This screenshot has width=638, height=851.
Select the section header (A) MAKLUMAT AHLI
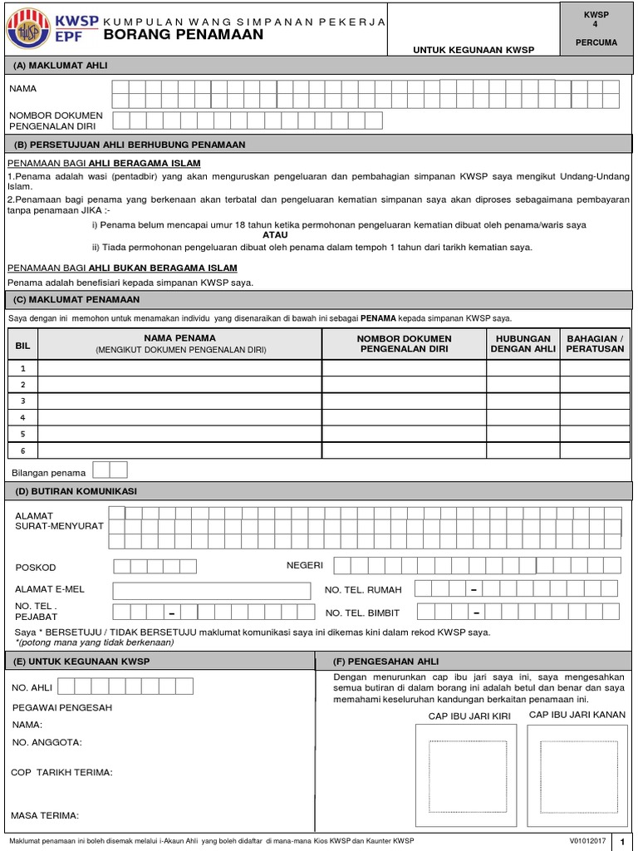coord(61,65)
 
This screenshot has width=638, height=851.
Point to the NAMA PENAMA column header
coord(180,338)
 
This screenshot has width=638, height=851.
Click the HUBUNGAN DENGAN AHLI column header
coord(523,344)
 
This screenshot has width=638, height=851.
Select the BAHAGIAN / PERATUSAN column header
coord(594,344)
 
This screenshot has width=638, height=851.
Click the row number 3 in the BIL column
coord(23,401)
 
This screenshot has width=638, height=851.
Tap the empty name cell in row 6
coord(180,450)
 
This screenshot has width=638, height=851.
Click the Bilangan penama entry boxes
coord(110,470)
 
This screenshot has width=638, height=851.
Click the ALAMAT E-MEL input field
coord(213,590)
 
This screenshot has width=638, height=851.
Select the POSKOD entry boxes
coord(155,567)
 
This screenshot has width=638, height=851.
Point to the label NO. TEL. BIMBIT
coord(362,613)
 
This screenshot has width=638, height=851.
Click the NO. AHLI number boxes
coord(125,686)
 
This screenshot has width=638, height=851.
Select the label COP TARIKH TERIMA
coord(61,772)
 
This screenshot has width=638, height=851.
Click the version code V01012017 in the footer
coord(587,840)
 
